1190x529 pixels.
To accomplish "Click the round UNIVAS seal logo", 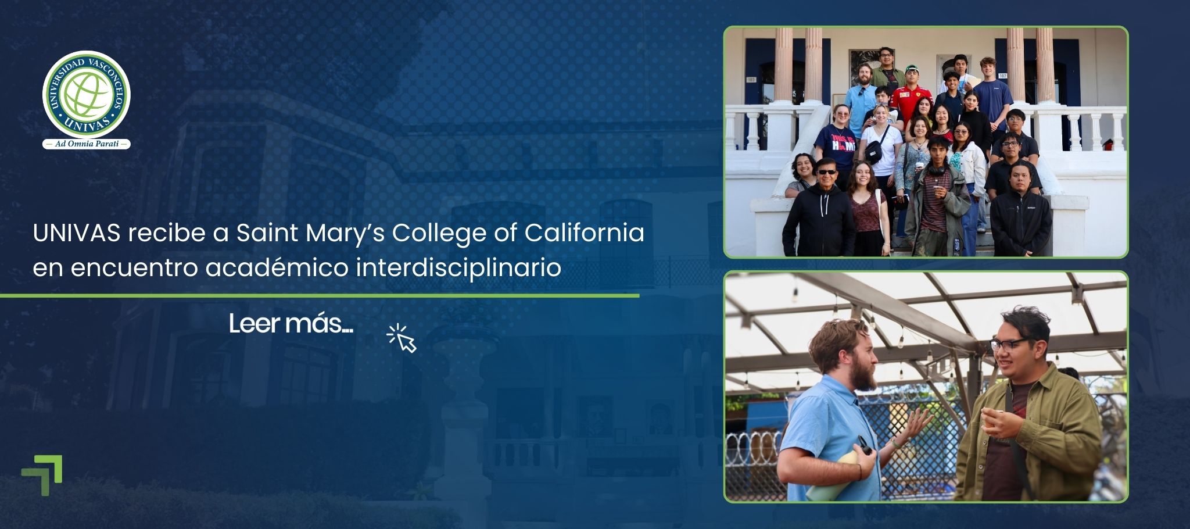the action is pyautogui.click(x=86, y=94).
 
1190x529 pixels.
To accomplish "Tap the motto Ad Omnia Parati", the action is pyautogui.click(x=86, y=144).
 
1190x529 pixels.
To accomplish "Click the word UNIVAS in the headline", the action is pyautogui.click(x=77, y=233).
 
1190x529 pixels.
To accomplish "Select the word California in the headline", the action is pyautogui.click(x=585, y=233).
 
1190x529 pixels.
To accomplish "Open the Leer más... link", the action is pyautogui.click(x=291, y=324).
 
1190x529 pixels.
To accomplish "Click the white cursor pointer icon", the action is pyautogui.click(x=402, y=338).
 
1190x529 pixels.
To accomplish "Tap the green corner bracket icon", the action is pyautogui.click(x=42, y=476).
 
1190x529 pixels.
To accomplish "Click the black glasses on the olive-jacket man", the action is pyautogui.click(x=1011, y=344).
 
